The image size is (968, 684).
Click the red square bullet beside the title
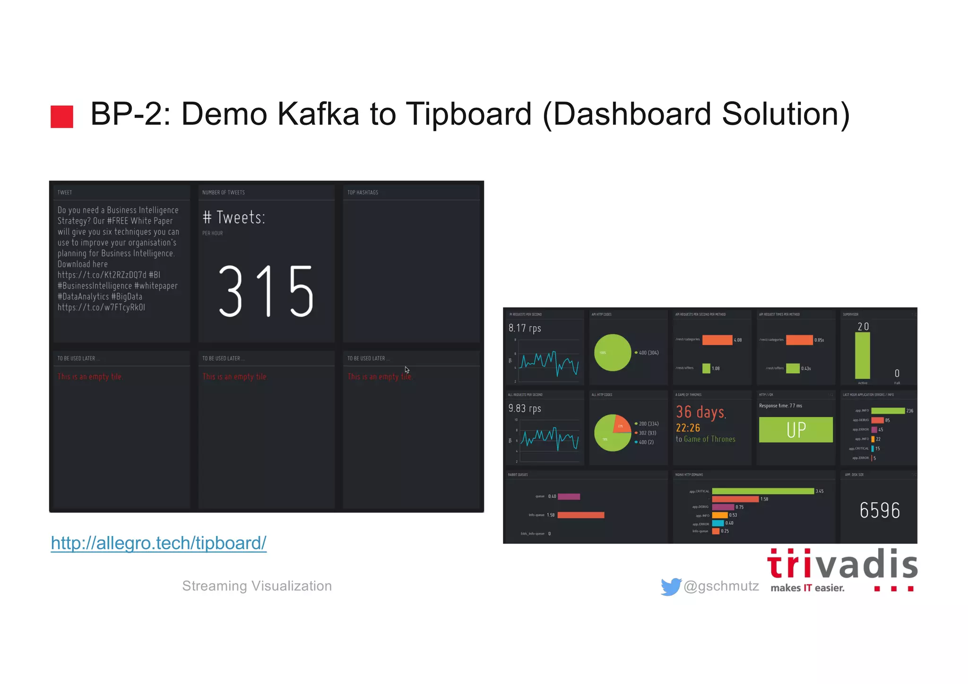pos(62,116)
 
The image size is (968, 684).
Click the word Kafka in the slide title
pos(318,114)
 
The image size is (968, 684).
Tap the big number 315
pos(266,291)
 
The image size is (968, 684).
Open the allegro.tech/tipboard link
pos(159,543)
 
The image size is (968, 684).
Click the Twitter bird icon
pos(671,587)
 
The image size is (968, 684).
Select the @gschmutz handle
pos(721,586)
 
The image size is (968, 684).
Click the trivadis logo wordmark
pos(842,564)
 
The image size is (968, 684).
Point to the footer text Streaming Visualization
pos(257,586)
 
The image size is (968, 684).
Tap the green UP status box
pos(795,430)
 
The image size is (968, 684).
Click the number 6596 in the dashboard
pos(880,511)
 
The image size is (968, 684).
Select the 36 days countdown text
pos(700,412)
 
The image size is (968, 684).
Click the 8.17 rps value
pos(525,328)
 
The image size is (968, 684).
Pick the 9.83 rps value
pos(525,408)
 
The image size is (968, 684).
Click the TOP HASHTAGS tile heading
pos(363,192)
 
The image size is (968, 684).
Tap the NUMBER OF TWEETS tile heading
pos(224,192)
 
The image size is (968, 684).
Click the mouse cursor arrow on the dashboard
pos(407,370)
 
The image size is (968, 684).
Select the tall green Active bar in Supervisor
pos(863,355)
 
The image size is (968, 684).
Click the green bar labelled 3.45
pos(763,491)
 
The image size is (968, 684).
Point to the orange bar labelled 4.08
pos(717,340)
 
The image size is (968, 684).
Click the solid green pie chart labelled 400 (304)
pos(613,353)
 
